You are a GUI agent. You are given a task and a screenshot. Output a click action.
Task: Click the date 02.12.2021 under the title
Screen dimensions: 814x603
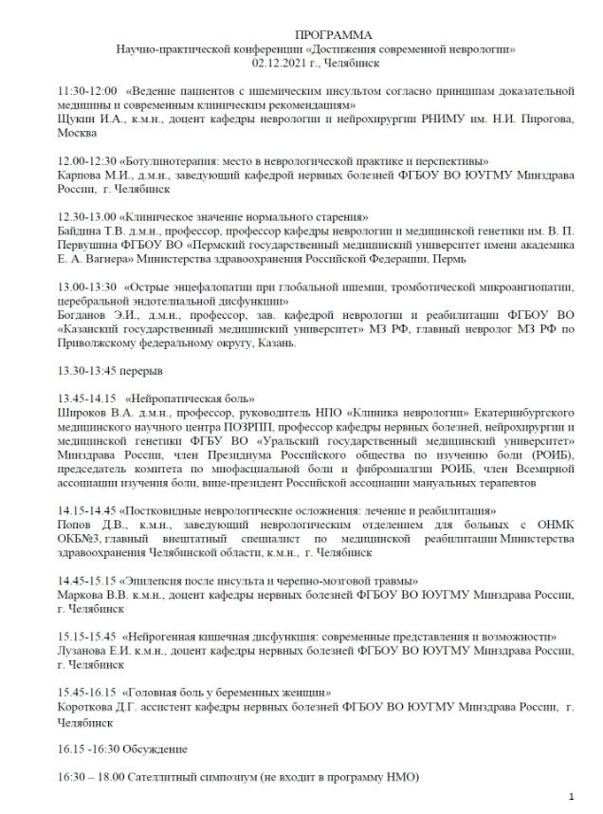(x=281, y=60)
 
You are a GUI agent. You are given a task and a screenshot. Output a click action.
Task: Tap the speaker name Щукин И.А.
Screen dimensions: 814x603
(x=87, y=120)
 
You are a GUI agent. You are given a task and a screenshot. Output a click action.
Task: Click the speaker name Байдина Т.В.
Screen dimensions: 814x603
(x=92, y=231)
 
